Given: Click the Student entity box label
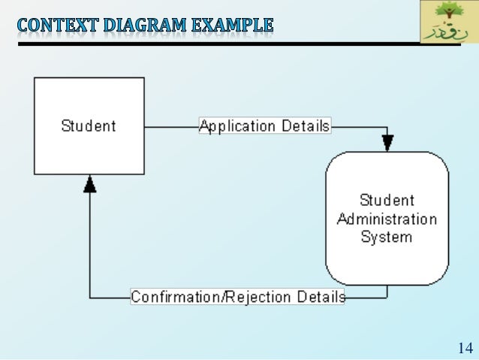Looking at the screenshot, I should (x=89, y=126).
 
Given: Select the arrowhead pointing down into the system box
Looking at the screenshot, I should (x=387, y=143).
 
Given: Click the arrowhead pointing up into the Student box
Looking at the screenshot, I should (x=89, y=183).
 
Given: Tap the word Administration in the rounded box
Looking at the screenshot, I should (x=387, y=219).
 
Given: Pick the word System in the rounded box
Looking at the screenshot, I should (x=387, y=237).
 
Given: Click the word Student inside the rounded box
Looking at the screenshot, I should (x=387, y=201).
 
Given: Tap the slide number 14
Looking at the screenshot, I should (x=464, y=348).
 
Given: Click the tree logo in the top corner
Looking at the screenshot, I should (x=448, y=14).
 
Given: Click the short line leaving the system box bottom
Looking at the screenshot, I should (x=387, y=291).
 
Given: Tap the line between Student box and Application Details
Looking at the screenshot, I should (x=170, y=126).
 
